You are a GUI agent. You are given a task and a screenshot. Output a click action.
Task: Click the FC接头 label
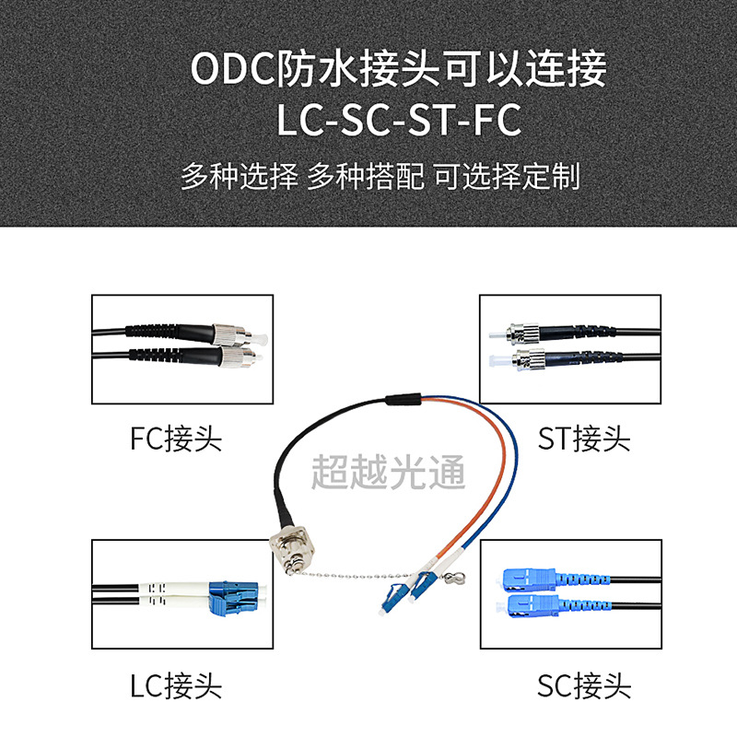pos(175,437)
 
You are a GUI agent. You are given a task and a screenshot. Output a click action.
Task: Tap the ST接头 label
pos(583,438)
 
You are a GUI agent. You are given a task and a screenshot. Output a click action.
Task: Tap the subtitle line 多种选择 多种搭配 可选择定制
pos(380,175)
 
